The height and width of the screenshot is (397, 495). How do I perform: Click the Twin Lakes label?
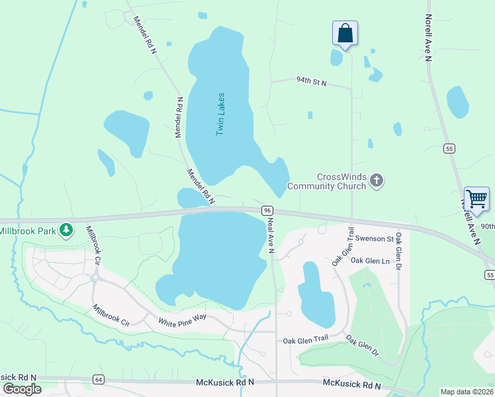(221, 114)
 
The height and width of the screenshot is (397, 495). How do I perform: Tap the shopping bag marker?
(345, 33)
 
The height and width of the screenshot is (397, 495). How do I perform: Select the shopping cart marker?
(476, 198)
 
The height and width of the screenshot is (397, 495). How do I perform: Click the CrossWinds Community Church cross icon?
(377, 181)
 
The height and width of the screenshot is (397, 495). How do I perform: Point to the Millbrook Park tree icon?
(66, 230)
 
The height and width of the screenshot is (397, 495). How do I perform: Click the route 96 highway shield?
(267, 210)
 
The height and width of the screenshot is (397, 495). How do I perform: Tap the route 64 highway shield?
(99, 379)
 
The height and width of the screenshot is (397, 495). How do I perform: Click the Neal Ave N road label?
(271, 236)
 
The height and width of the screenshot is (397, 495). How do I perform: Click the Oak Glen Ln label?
(370, 261)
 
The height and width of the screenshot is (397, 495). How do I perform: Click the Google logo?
(21, 388)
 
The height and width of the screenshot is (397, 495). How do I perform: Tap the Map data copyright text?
(467, 392)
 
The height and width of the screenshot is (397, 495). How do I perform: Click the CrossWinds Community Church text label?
(341, 181)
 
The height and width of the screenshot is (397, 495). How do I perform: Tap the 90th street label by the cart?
(488, 226)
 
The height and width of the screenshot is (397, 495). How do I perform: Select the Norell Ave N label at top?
(428, 38)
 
